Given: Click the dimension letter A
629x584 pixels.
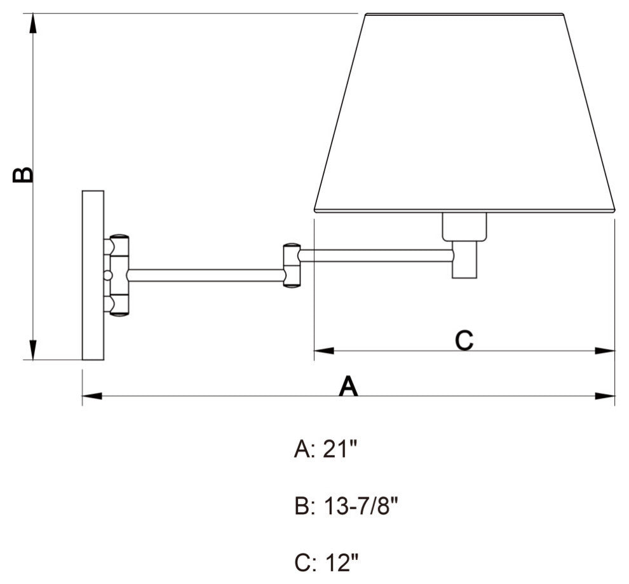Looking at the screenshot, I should coord(348,385).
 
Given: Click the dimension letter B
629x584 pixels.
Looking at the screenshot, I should coord(23,175).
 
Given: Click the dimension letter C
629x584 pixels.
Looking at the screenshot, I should coord(464,340).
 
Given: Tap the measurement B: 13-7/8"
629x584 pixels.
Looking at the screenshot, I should coord(346,506).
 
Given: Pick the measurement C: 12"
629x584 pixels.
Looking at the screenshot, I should coord(327,562).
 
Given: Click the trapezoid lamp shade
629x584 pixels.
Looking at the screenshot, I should coord(464,114).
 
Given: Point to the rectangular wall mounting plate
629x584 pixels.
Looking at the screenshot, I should coord(93,275).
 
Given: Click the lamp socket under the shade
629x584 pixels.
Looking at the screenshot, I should coord(464,244).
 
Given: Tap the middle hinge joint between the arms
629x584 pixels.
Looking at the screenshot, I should coord(292,265).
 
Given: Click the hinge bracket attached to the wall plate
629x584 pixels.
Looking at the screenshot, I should coord(119,275).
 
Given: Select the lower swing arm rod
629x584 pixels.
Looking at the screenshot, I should coord(206,275).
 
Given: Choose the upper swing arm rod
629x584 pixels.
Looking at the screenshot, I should coord(376,255).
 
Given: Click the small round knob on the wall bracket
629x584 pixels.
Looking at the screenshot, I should coord(107,275).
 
